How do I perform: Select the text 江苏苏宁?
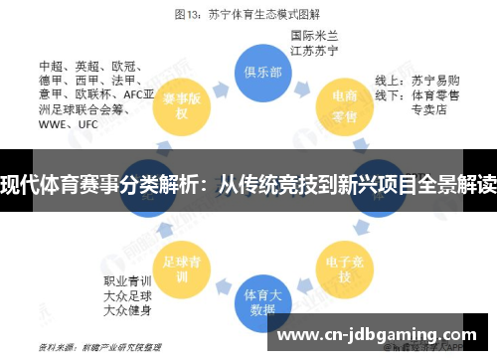311,49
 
